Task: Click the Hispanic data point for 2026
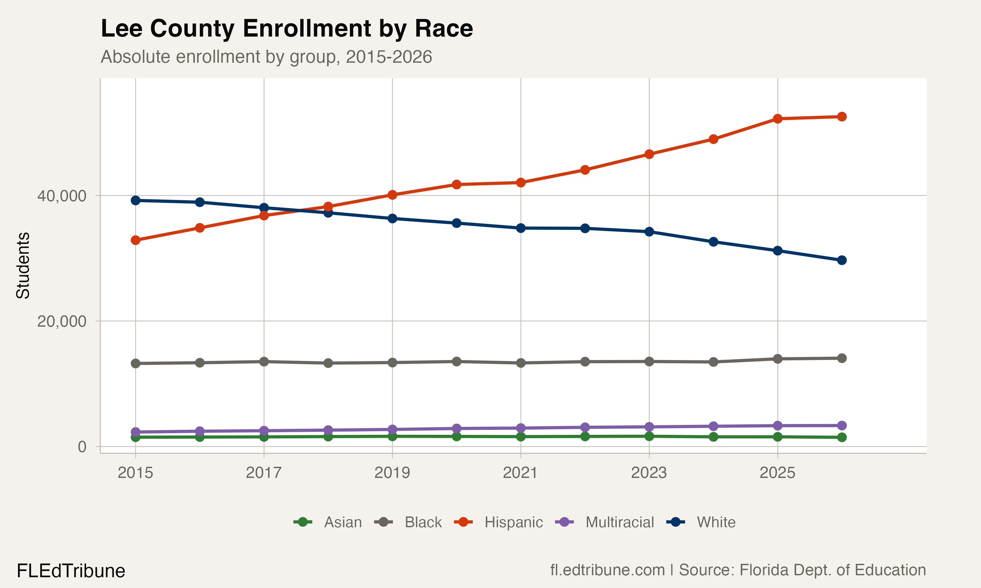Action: pos(841,117)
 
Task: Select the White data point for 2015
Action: pos(136,201)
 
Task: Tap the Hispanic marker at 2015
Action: pos(136,240)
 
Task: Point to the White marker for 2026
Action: pos(841,260)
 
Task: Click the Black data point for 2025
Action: pos(778,359)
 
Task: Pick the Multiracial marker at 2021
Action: pos(521,428)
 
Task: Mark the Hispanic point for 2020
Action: pos(456,185)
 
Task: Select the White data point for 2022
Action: pos(585,228)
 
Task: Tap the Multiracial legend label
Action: pos(619,522)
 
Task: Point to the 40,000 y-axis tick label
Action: pos(61,196)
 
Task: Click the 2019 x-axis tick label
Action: pos(392,473)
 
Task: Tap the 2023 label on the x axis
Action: pos(649,473)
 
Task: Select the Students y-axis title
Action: pos(23,266)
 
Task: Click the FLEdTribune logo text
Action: pos(71,571)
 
